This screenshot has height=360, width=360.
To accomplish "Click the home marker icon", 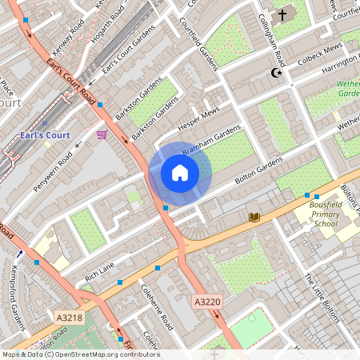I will pyautogui.click(x=180, y=173).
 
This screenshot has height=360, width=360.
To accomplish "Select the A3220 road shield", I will pyautogui.click(x=206, y=302).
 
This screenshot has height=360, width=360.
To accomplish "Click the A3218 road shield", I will pyautogui.click(x=70, y=318).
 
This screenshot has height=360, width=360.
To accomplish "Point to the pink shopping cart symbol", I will pyautogui.click(x=102, y=134).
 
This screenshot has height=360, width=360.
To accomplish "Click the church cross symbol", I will pyautogui.click(x=282, y=14).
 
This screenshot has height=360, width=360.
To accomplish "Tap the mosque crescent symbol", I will pyautogui.click(x=278, y=74).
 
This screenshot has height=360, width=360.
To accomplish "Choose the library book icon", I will pyautogui.click(x=254, y=217).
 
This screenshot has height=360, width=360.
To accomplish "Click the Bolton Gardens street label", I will pyautogui.click(x=258, y=171).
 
